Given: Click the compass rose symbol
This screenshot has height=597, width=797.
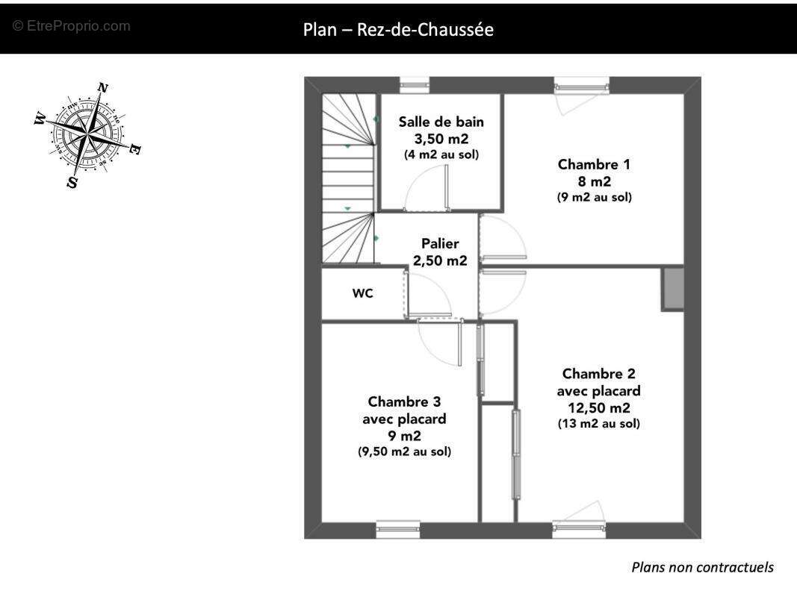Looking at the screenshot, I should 88,135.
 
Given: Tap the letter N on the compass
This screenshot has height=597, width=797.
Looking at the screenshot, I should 102,88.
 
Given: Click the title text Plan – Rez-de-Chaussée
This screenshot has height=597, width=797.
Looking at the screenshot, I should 398,30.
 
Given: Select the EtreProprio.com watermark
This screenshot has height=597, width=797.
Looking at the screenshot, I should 72,26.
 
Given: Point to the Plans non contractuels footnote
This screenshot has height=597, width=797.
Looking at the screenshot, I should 702,567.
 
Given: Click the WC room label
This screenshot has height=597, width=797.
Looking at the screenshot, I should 362,294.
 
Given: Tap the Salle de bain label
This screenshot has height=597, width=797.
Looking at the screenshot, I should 441,122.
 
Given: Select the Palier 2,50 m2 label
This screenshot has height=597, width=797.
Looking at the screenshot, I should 440,252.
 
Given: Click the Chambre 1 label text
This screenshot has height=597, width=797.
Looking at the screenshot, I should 594,164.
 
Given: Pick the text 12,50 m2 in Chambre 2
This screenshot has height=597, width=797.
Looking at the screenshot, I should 598,408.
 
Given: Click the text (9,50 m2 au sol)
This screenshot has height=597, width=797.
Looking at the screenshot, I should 404,452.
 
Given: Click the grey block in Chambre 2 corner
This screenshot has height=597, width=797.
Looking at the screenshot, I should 672,289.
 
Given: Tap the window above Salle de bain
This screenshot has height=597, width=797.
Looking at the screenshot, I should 414,86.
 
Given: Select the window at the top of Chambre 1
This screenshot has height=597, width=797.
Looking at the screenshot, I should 581,86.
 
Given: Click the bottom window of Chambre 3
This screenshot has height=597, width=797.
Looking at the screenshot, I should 398,529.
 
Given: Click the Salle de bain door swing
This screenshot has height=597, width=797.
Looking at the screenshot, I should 427,189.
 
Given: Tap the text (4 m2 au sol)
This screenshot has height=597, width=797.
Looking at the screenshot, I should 441,155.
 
